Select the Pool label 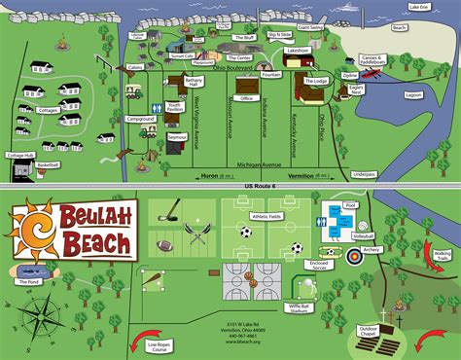(x=351, y=207)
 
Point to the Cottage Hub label (x=19, y=156)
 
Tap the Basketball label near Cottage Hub (x=48, y=165)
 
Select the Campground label (x=140, y=119)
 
